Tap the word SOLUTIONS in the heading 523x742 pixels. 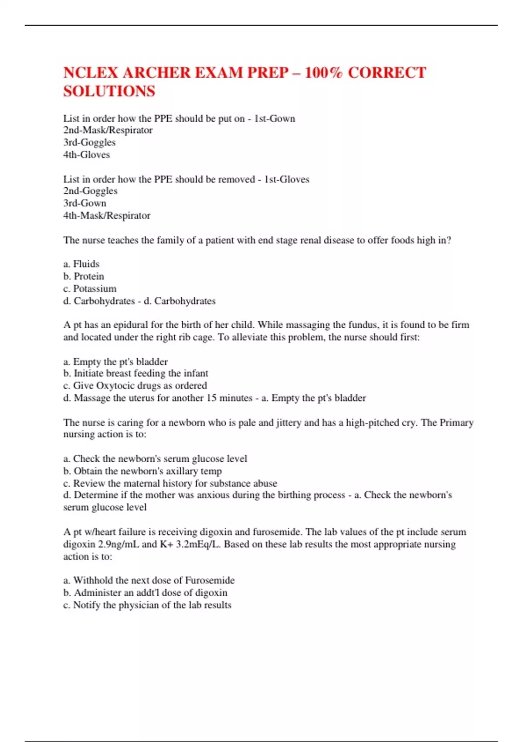click(109, 91)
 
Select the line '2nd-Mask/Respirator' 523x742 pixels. click(108, 130)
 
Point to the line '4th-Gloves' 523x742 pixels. click(86, 155)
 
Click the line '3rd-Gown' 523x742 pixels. click(85, 203)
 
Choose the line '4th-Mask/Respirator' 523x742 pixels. click(107, 215)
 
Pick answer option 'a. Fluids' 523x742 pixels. click(81, 264)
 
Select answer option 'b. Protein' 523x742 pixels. click(84, 276)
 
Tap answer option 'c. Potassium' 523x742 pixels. click(90, 289)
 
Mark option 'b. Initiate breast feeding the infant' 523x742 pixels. click(136, 373)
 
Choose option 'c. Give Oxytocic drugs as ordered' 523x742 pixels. click(135, 385)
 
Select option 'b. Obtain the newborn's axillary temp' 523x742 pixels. click(143, 471)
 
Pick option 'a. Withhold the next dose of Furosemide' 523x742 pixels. click(149, 580)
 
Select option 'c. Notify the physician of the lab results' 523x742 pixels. click(147, 605)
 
